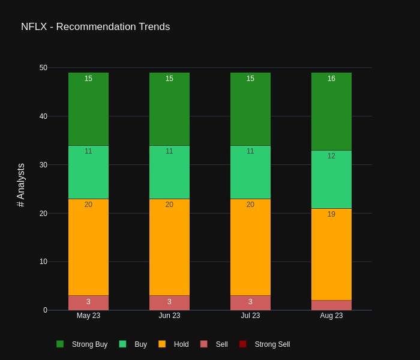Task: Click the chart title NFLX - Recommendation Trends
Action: click(95, 27)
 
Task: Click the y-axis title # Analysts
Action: click(21, 185)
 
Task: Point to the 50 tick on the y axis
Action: click(43, 68)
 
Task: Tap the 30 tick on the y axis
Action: click(43, 165)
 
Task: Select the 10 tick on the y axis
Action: click(43, 262)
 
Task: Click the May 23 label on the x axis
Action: click(88, 316)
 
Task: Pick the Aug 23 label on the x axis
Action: click(331, 316)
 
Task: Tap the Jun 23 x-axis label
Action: click(169, 316)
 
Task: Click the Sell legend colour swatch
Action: click(204, 344)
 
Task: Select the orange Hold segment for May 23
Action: click(88, 247)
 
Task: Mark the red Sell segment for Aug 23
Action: click(331, 305)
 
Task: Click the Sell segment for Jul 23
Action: click(250, 303)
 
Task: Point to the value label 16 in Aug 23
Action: click(331, 79)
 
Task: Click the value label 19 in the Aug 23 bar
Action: click(331, 214)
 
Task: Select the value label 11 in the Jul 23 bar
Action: click(250, 151)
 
